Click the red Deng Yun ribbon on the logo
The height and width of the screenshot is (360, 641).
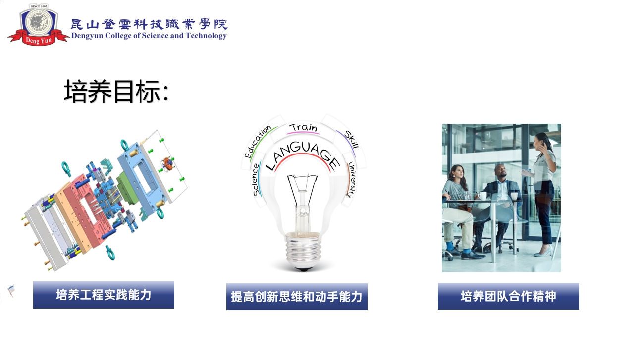click(x=38, y=39)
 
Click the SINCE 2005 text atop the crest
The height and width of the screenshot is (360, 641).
click(x=39, y=6)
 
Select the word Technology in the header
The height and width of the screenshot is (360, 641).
click(x=206, y=36)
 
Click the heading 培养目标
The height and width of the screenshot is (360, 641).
click(x=116, y=91)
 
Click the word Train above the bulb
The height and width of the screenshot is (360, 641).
click(x=303, y=128)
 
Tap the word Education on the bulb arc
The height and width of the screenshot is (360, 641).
click(x=257, y=142)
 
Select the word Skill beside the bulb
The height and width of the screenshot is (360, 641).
click(x=351, y=139)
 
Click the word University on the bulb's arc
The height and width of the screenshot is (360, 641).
click(x=352, y=179)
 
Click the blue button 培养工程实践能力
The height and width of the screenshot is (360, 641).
click(x=104, y=295)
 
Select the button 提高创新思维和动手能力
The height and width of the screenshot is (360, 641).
click(x=297, y=297)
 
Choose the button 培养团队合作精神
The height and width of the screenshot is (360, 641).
click(x=508, y=296)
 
